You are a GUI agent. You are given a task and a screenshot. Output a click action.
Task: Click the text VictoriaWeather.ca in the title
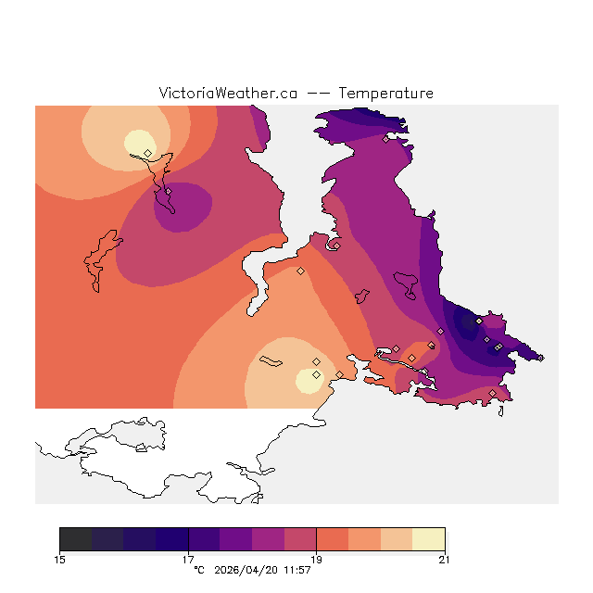point(228,94)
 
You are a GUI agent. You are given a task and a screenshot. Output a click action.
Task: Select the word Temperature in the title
point(385,94)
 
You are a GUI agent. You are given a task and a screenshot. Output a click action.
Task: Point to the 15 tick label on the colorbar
point(60,559)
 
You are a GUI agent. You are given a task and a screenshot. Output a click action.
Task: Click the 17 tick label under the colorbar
point(188,559)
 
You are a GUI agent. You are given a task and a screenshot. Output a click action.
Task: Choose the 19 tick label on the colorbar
point(316,559)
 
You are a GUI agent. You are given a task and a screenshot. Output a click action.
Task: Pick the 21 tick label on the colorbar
point(444,559)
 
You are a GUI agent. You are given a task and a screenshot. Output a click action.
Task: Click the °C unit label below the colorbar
point(198,570)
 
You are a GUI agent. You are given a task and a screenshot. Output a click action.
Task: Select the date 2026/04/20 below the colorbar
point(247,570)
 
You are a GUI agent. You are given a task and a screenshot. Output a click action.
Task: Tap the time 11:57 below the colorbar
point(296,570)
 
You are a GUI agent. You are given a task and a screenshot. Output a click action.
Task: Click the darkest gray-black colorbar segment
point(76,539)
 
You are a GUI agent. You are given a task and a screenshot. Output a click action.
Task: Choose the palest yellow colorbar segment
point(428,539)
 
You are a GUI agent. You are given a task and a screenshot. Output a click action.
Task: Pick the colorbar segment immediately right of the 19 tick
point(332,539)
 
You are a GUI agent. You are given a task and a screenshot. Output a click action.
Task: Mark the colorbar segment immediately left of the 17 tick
point(171,539)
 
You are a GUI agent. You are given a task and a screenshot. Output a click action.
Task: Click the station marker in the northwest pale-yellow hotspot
point(147,153)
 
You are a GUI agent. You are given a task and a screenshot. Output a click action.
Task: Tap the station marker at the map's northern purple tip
point(385,140)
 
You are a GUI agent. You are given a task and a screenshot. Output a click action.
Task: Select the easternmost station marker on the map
point(541,358)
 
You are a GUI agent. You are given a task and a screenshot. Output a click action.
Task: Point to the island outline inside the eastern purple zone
point(406,280)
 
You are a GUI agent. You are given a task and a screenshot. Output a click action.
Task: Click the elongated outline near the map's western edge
point(101,260)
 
